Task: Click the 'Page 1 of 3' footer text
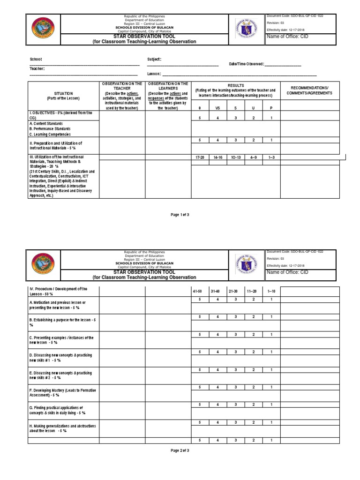pos(180,214)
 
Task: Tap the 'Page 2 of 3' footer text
pos(180,450)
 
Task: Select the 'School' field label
pos(36,60)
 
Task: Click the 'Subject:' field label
pos(154,59)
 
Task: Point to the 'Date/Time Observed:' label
pos(246,64)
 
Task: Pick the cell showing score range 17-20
pos(200,157)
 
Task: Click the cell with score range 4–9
pos(253,157)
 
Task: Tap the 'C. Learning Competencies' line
pos(50,134)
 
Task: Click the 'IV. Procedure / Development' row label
pos(59,291)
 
